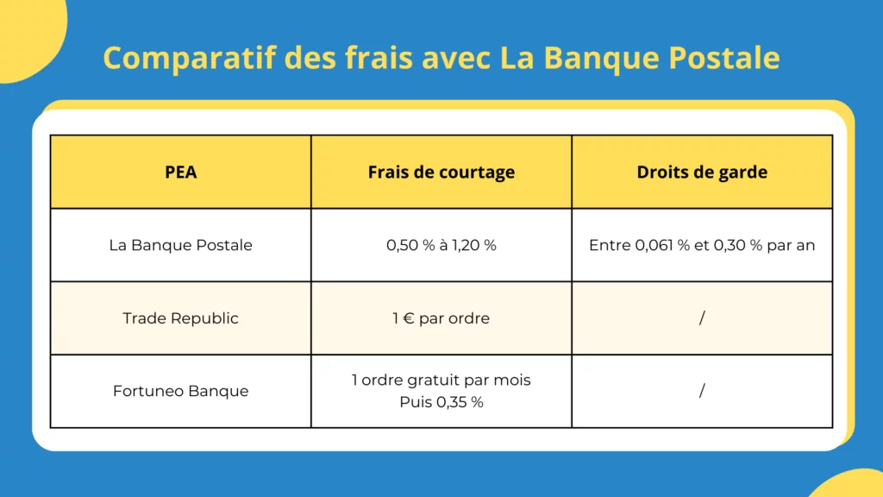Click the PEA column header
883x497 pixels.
pyautogui.click(x=181, y=172)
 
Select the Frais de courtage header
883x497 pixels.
pyautogui.click(x=441, y=172)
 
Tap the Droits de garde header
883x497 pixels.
pyautogui.click(x=702, y=172)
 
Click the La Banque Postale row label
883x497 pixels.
pyautogui.click(x=181, y=245)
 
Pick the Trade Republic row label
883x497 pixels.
pyautogui.click(x=181, y=318)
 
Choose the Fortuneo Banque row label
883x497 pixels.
pyautogui.click(x=181, y=391)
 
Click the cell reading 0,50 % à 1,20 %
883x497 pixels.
pyautogui.click(x=441, y=245)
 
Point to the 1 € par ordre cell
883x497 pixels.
pyautogui.click(x=441, y=318)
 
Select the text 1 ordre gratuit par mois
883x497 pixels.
pyautogui.click(x=441, y=380)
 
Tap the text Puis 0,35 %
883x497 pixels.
pyautogui.click(x=441, y=402)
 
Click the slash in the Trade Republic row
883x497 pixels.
pyautogui.click(x=702, y=318)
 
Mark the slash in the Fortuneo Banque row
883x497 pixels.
pyautogui.click(x=702, y=391)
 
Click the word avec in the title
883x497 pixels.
pyautogui.click(x=461, y=59)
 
